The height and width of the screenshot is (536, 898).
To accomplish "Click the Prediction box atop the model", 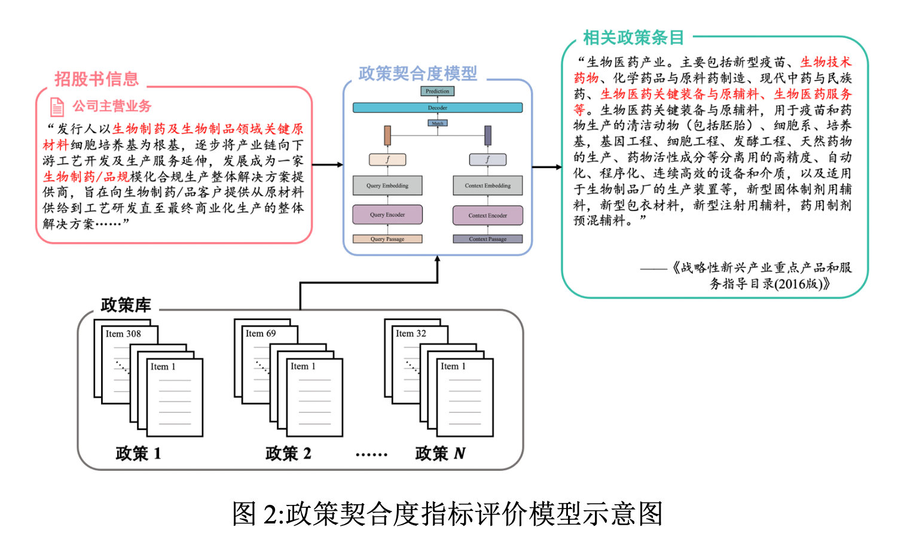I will (438, 92).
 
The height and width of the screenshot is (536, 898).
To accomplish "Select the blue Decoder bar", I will (438, 108).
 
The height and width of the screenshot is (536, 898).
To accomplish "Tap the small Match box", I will (438, 123).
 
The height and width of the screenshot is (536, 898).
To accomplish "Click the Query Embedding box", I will (387, 185).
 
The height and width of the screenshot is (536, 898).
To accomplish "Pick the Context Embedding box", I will (488, 185).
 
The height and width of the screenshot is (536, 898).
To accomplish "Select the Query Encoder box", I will (387, 215).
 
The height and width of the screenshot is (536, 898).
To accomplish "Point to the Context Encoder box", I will (488, 215).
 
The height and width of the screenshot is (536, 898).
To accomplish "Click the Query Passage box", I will (387, 239).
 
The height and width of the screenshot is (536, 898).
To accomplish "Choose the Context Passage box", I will (488, 239).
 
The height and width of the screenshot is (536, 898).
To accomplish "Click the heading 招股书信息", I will (97, 79).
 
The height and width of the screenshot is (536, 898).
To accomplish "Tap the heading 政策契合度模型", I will (418, 74).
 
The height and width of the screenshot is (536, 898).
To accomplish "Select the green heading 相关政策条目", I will (634, 38).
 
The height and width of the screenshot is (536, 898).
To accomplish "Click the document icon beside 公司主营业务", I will (57, 107).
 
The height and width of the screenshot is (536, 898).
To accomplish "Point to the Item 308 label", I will (123, 334).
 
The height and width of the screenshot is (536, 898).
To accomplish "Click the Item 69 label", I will (261, 334).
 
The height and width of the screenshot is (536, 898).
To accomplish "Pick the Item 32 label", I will (411, 334).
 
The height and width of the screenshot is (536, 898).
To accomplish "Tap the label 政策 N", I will (440, 453).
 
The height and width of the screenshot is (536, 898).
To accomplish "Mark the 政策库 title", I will (126, 305).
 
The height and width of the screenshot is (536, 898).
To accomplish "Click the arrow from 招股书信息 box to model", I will (328, 165).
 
